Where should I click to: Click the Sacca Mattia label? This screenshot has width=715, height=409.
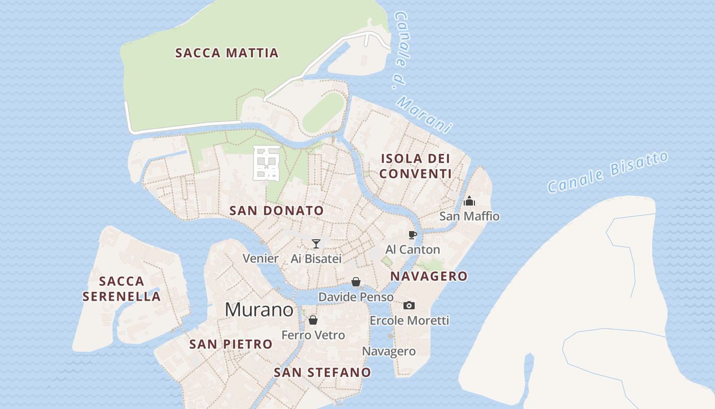pos(227,53)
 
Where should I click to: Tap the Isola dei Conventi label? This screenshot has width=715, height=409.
pos(415,166)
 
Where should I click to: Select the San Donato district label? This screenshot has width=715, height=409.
pos(276,210)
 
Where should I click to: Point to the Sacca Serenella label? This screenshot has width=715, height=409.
pos(122,288)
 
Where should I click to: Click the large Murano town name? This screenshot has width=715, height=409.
pos(259,310)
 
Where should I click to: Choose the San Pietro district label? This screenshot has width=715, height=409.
pos(231,344)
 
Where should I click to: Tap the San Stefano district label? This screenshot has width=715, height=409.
pos(322,372)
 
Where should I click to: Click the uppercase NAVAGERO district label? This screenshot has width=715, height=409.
pos(429,276)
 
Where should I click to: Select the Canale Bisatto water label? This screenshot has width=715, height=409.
pos(607,172)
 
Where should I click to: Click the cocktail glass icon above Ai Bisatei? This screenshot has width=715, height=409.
pos(316,243)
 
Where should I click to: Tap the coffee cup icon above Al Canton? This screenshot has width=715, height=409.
pos(413,235)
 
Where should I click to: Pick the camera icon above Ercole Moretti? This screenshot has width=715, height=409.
pos(409,305)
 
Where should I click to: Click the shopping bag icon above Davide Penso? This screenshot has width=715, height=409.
pos(356,282)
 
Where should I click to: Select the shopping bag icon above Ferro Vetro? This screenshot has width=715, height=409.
pos(313,320)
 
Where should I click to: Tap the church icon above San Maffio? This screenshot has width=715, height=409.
pos(469,201)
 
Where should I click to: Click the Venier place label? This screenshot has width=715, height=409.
pos(260,258)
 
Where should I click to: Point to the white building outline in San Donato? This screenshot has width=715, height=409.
pos(267,163)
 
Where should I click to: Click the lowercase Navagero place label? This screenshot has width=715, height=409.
pos(389,351)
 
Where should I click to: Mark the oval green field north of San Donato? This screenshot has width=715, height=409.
pos(323,112)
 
